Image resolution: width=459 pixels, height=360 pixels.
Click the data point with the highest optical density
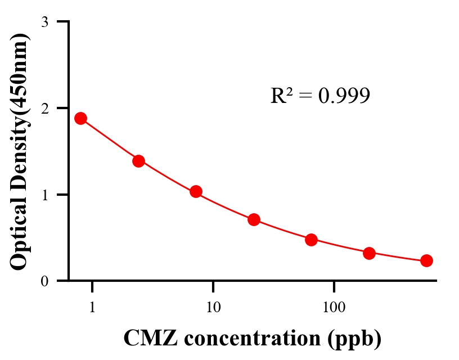pyautogui.click(x=80, y=118)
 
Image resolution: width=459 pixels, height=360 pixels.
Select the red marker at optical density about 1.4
pyautogui.click(x=138, y=161)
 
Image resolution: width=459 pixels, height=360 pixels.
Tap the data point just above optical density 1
pyautogui.click(x=196, y=192)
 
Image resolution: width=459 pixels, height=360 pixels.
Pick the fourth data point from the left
pyautogui.click(x=254, y=219)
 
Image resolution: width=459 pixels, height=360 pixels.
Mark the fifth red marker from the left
pyautogui.click(x=311, y=240)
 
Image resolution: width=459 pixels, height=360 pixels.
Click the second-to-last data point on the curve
pyautogui.click(x=369, y=253)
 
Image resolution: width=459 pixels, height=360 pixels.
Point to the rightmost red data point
pyautogui.click(x=426, y=260)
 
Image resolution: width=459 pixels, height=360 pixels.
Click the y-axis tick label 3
pyautogui.click(x=44, y=22)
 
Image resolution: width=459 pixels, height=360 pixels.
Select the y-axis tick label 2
pyautogui.click(x=44, y=108)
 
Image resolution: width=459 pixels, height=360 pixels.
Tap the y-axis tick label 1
pyautogui.click(x=44, y=195)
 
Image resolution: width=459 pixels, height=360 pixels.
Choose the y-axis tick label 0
pyautogui.click(x=44, y=281)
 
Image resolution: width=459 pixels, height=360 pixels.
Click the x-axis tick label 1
pyautogui.click(x=92, y=308)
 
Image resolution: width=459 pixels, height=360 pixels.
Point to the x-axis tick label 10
pyautogui.click(x=213, y=308)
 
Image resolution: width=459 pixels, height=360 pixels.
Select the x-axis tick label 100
pyautogui.click(x=334, y=308)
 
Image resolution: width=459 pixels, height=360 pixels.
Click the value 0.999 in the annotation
pyautogui.click(x=344, y=96)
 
